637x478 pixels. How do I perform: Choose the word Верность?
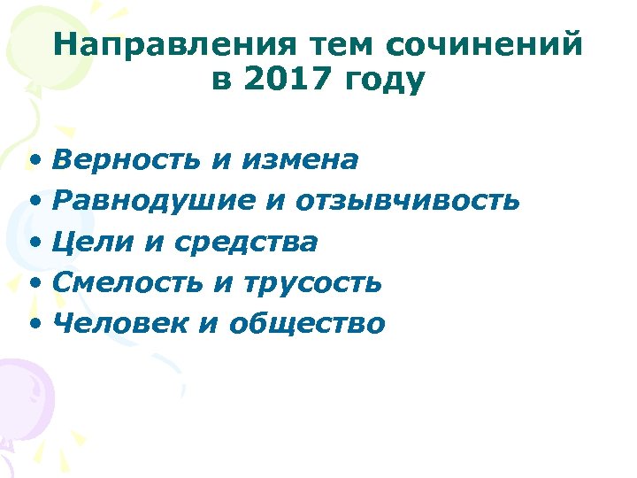(x=127, y=159)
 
